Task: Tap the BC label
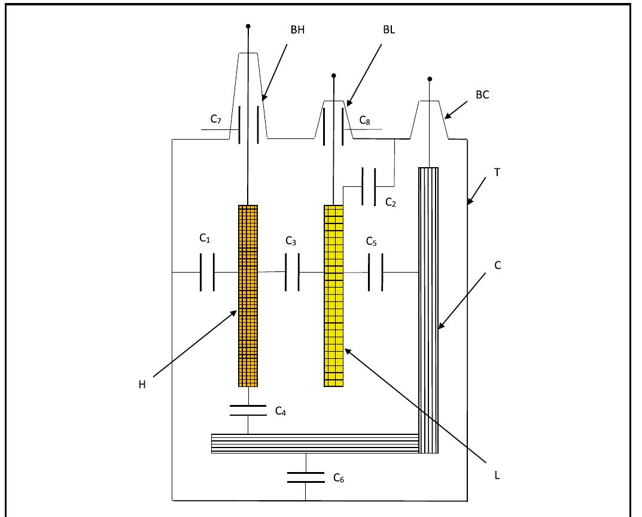[482, 94]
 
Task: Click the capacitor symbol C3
[292, 272]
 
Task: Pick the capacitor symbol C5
[375, 272]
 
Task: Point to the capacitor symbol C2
[369, 186]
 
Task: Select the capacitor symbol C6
[305, 477]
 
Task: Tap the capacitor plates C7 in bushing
[248, 125]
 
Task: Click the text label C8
[365, 120]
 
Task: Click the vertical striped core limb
[428, 300]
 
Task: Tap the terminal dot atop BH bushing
[248, 26]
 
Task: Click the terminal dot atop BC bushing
[430, 79]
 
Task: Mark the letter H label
[142, 384]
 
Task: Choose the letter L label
[497, 476]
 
